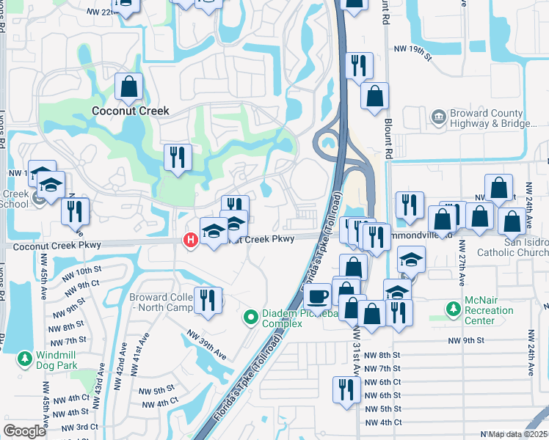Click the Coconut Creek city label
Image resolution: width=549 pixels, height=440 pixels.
[x=130, y=111]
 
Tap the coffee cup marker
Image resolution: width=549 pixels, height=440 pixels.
[x=317, y=296]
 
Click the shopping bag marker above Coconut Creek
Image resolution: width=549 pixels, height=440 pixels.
[x=129, y=87]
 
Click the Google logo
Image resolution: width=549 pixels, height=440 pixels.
[x=24, y=431]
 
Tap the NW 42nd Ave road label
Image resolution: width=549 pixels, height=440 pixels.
[x=120, y=364]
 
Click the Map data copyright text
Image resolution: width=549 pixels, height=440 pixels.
[x=517, y=434]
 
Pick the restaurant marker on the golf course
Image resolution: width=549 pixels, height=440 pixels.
[x=178, y=157]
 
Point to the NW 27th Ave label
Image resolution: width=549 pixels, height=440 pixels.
[x=462, y=257]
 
